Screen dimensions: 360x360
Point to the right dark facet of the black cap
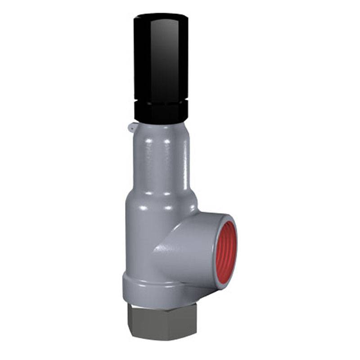(x=182, y=58)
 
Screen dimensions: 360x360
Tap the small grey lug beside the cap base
(x=131, y=128)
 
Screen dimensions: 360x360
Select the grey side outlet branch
(x=189, y=252)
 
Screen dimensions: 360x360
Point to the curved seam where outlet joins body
(x=155, y=252)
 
